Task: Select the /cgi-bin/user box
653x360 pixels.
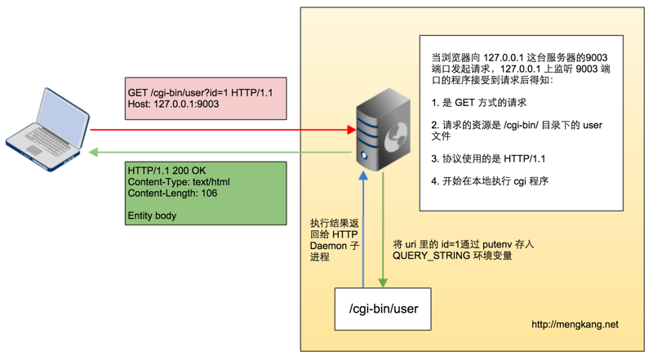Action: coord(383,309)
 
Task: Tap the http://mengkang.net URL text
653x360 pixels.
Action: coord(575,324)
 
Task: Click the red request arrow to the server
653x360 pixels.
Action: coord(220,130)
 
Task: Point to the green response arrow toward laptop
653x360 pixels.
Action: coord(220,152)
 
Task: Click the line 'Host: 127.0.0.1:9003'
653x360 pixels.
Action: coord(173,104)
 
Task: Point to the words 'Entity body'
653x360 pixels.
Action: coord(152,216)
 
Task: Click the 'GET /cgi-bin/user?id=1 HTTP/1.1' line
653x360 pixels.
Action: coord(200,93)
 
